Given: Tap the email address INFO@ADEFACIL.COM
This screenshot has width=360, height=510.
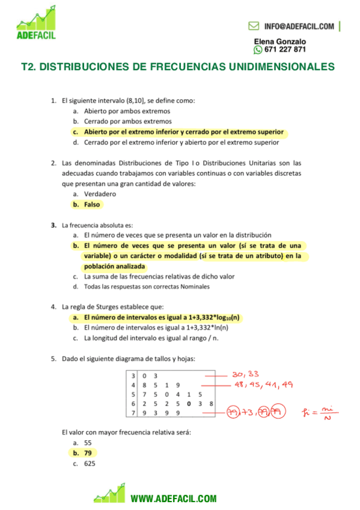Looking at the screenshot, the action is coord(299,26).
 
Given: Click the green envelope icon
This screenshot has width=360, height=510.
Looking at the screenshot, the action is coord(254,26).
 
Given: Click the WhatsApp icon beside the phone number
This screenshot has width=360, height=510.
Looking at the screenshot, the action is coord(258,50).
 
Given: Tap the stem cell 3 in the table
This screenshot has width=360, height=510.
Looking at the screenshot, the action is coord(133,375).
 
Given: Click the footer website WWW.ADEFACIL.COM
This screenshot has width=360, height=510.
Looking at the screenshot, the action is coord(173,499).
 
